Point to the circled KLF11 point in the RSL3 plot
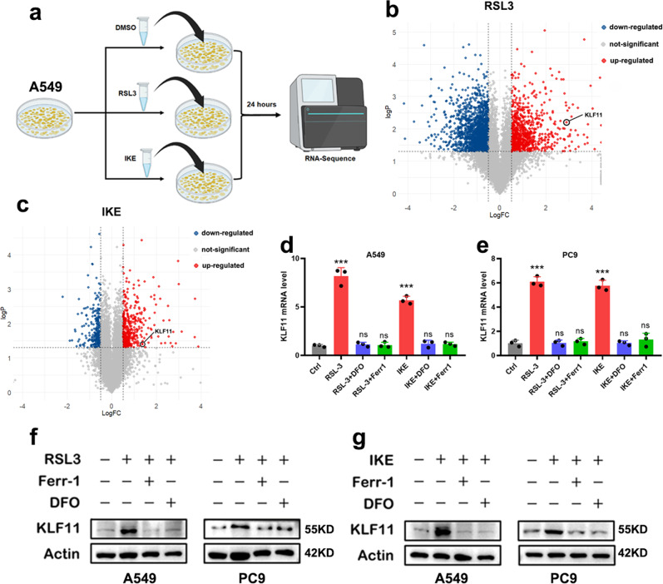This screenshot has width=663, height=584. [567, 121]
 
